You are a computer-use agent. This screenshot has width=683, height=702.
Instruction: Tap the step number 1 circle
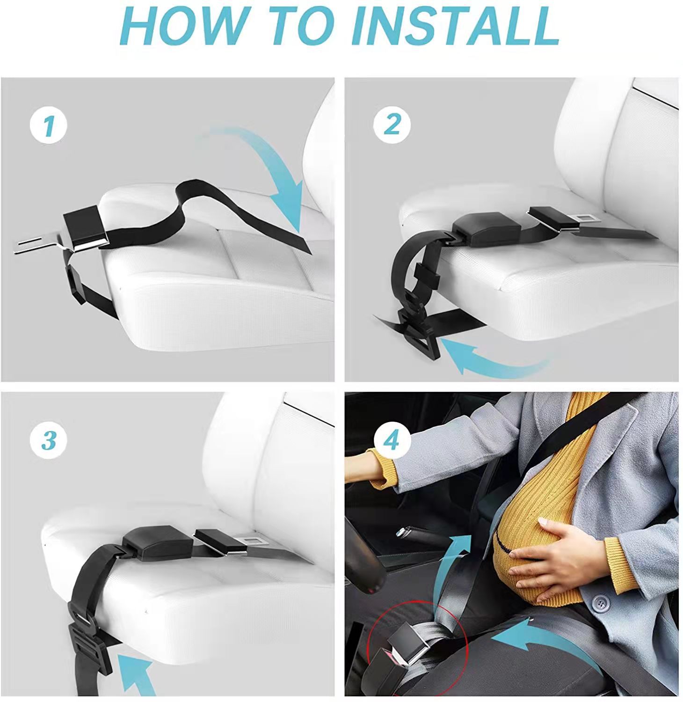point(49,125)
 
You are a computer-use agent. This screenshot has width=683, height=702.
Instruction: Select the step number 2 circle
point(392,124)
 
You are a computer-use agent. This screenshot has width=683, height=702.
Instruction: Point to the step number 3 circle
point(49,440)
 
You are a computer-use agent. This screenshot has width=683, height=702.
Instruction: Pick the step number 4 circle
point(392,440)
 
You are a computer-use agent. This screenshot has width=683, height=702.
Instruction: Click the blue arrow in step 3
point(136,674)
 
